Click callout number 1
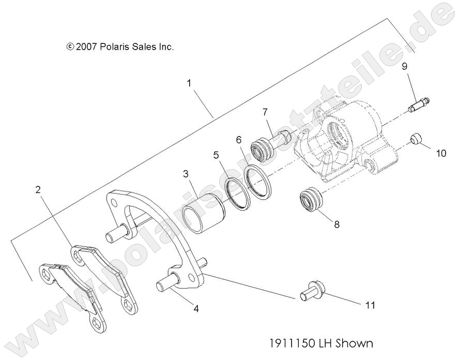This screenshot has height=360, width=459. (x=189, y=83)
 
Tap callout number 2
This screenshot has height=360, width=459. (x=38, y=190)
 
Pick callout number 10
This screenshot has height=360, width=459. (x=440, y=154)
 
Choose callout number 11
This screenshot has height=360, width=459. (x=369, y=305)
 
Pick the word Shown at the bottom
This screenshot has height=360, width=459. (x=354, y=343)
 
